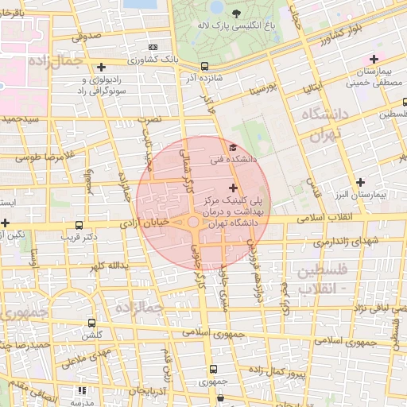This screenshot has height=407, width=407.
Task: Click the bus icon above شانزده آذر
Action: pyautogui.click(x=205, y=67)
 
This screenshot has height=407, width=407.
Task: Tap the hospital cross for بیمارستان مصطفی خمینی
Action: pyautogui.click(x=373, y=58)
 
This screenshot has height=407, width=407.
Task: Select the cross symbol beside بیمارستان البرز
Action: pyautogui.click(x=362, y=182)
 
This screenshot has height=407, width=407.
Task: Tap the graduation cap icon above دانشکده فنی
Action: pyautogui.click(x=232, y=147)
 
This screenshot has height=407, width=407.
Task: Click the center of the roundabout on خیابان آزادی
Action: pyautogui.click(x=193, y=223)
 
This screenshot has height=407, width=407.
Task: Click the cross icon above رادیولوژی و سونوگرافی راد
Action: pyautogui.click(x=100, y=67)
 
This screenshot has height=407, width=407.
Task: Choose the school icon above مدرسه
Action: pyautogui.click(x=82, y=391)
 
